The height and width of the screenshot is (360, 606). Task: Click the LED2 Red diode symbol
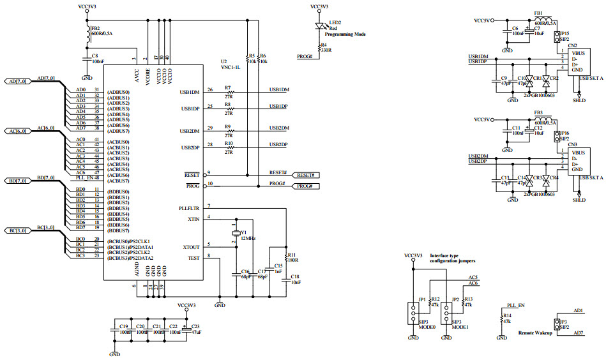(321, 27)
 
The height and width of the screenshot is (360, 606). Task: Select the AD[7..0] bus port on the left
(17, 82)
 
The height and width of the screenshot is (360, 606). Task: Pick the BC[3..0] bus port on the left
(17, 230)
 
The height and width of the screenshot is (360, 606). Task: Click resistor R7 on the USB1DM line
(228, 93)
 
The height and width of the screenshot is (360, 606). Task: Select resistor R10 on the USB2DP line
(228, 148)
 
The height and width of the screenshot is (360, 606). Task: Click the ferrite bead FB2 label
(95, 29)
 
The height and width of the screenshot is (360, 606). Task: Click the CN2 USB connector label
(572, 45)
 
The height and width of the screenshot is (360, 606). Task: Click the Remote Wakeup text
(534, 333)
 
